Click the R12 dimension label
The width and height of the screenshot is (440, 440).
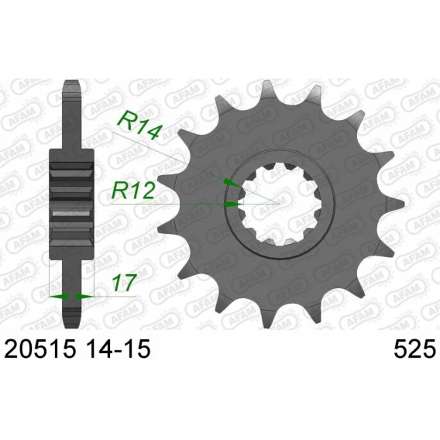(x=132, y=190)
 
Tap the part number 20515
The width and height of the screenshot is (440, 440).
(x=40, y=349)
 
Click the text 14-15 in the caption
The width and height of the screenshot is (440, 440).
(x=118, y=349)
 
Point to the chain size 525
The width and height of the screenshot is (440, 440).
(x=414, y=349)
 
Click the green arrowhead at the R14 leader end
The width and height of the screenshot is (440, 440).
(x=232, y=183)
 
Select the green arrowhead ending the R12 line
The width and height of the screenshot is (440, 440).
(x=234, y=205)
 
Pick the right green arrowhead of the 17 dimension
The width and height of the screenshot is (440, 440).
(x=84, y=297)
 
